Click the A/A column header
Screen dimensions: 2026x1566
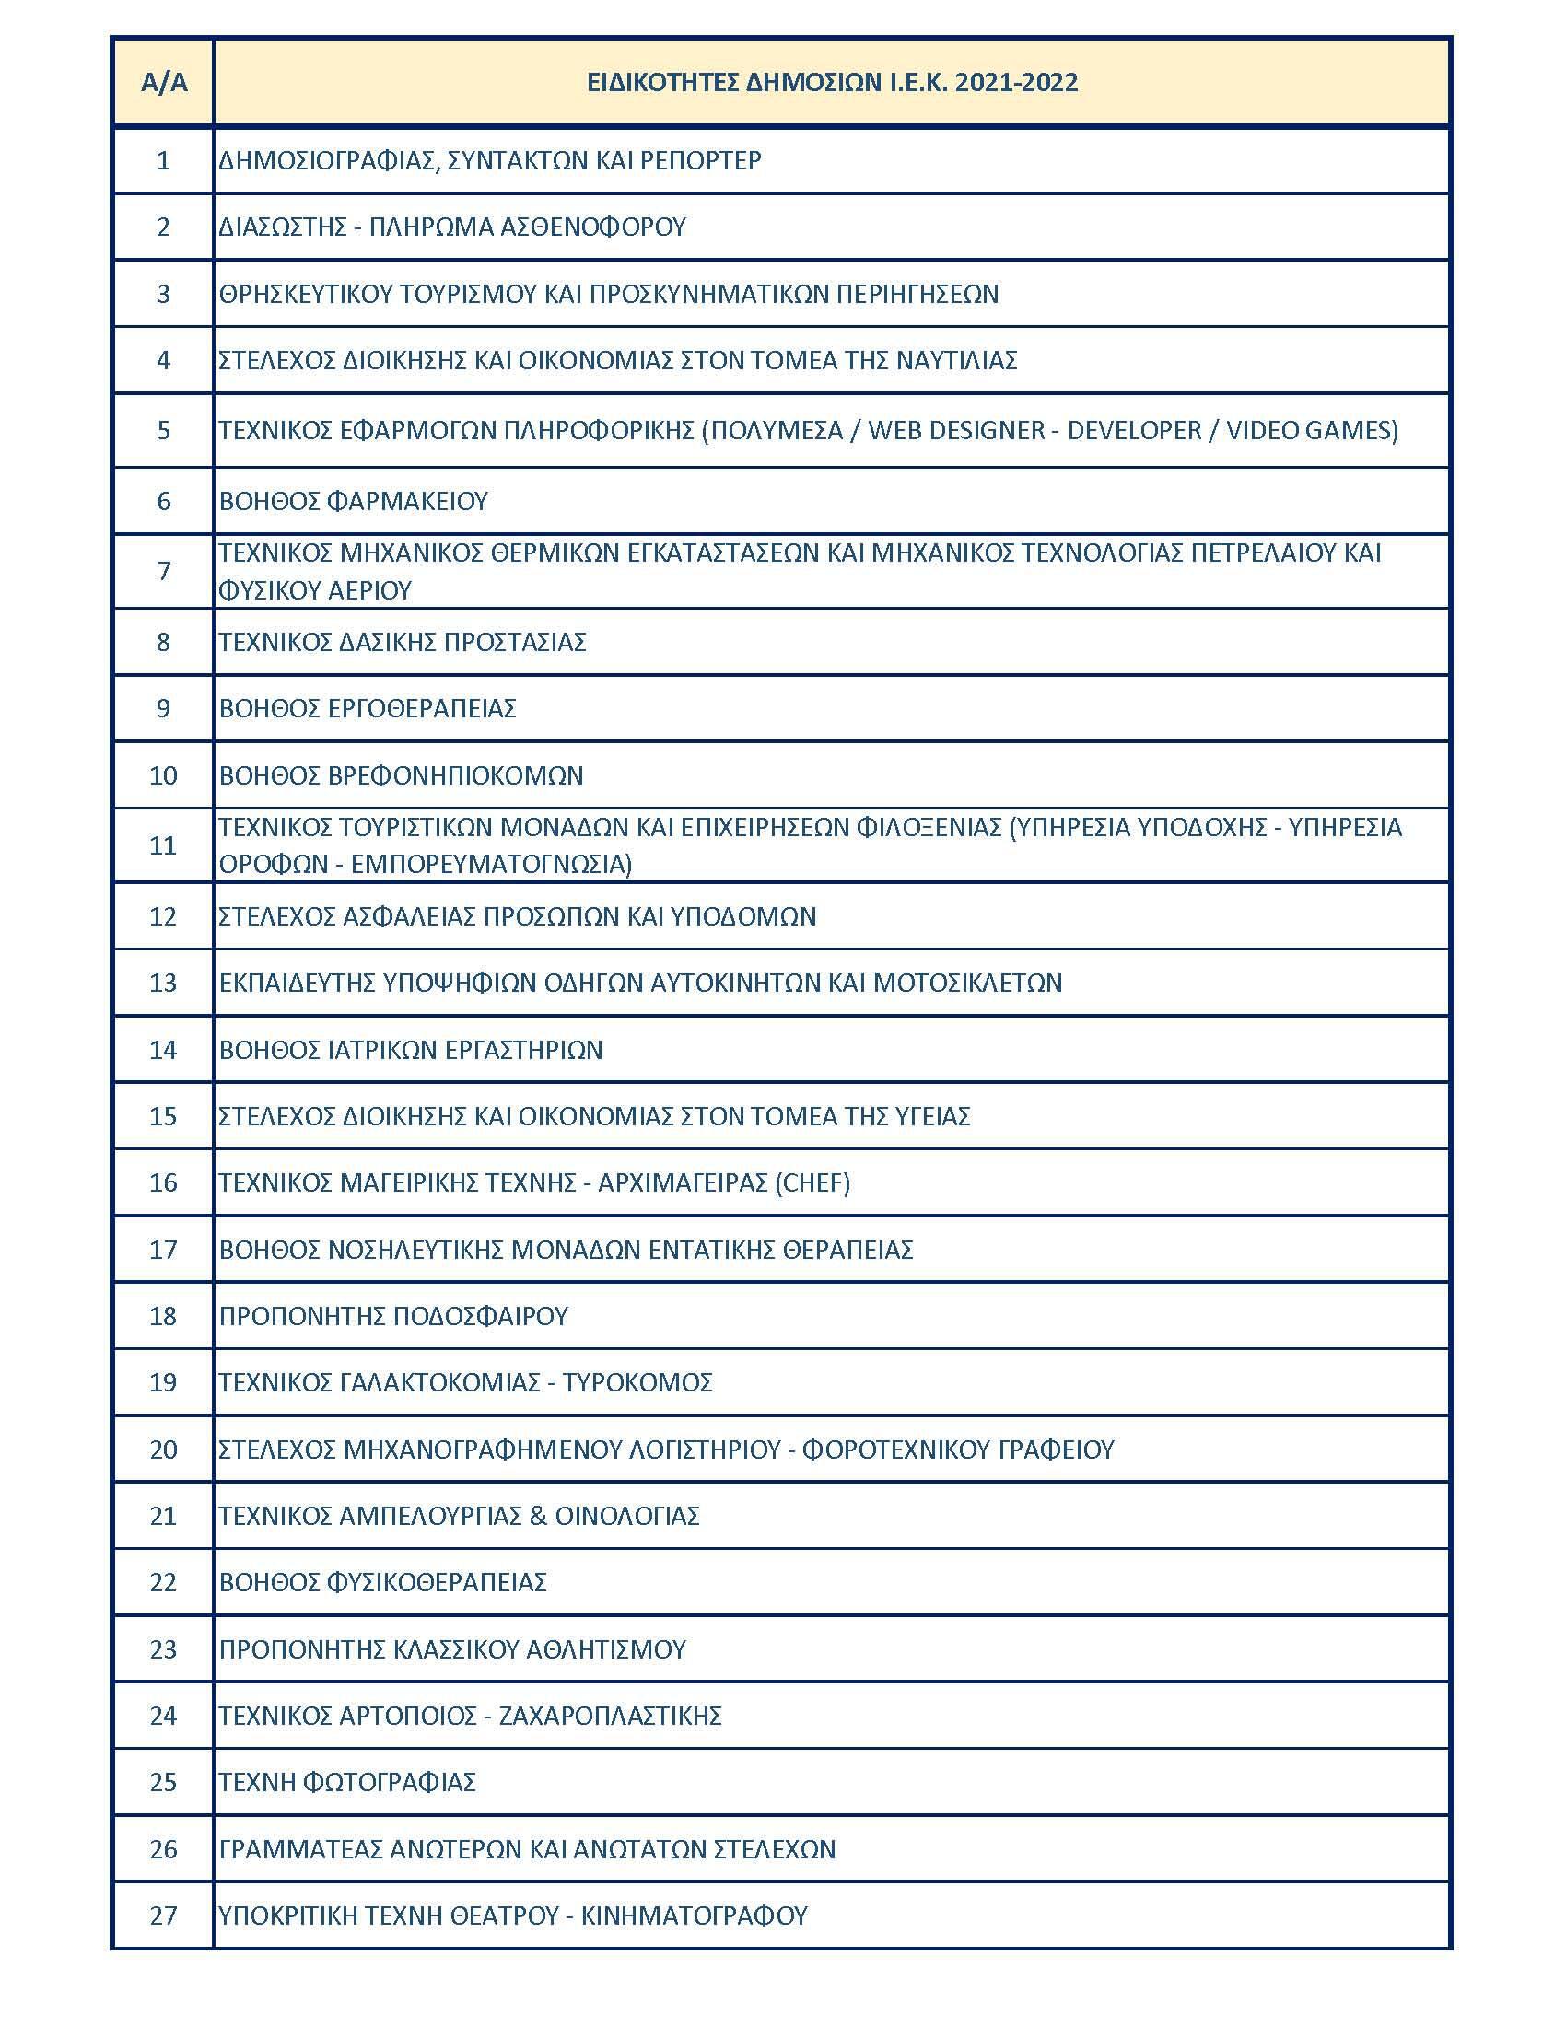(163, 83)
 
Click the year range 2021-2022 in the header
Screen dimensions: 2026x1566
(1016, 83)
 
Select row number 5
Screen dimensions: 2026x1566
(163, 430)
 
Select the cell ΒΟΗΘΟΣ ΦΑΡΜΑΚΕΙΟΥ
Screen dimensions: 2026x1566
(354, 502)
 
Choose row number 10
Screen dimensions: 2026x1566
(163, 775)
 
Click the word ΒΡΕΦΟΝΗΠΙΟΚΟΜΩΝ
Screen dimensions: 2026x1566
(455, 775)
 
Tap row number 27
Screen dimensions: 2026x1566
(163, 1915)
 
